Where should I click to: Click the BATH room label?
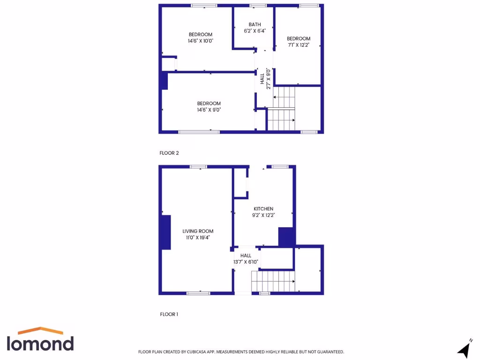255,24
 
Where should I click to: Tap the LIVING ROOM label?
198,231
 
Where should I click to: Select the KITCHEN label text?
263,209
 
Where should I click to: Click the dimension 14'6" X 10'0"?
200,41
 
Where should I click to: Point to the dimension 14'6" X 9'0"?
209,110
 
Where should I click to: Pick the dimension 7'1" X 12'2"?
299,45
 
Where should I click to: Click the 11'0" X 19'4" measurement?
198,238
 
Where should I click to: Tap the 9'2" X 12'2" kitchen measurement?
263,216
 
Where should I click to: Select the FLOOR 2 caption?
169,153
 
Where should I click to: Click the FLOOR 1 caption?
169,314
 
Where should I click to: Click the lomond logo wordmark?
40,343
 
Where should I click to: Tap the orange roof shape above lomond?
41,330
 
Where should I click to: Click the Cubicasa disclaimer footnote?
241,352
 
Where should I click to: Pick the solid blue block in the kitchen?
286,237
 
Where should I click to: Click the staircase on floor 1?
273,282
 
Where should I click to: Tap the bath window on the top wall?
258,6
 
